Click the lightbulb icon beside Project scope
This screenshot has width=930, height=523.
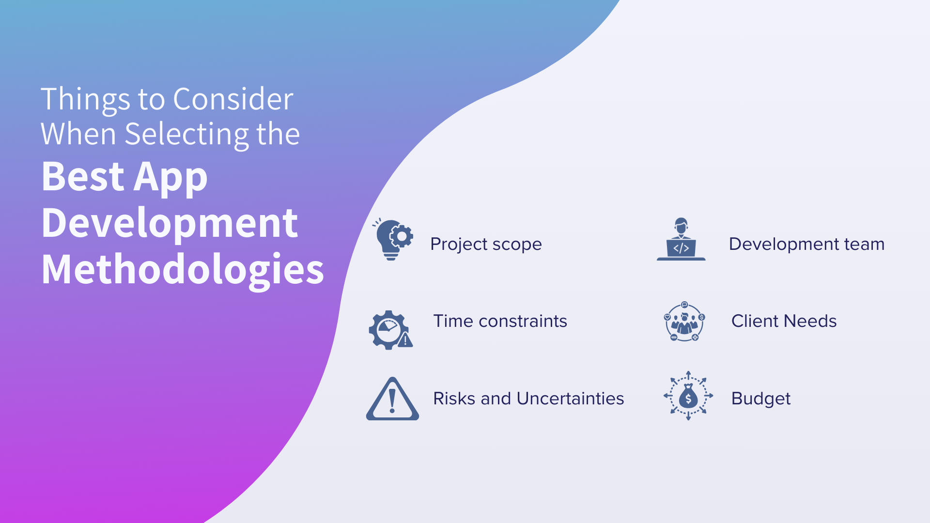pyautogui.click(x=393, y=239)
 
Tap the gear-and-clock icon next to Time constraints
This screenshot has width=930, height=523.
pyautogui.click(x=390, y=330)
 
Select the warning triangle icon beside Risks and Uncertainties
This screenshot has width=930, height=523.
pyautogui.click(x=392, y=399)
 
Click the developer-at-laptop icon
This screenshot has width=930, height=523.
pyautogui.click(x=681, y=239)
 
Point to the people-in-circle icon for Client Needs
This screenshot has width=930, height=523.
pyautogui.click(x=684, y=321)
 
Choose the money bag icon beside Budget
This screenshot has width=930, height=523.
pyautogui.click(x=688, y=396)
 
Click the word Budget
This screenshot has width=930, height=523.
pyautogui.click(x=761, y=399)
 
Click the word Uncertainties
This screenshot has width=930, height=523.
pyautogui.click(x=570, y=399)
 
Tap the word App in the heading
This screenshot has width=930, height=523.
pyautogui.click(x=170, y=177)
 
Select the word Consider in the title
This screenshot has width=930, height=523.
pyautogui.click(x=233, y=99)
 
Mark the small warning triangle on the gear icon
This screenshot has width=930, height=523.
pyautogui.click(x=405, y=340)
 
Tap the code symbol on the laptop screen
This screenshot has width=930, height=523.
pyautogui.click(x=681, y=248)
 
